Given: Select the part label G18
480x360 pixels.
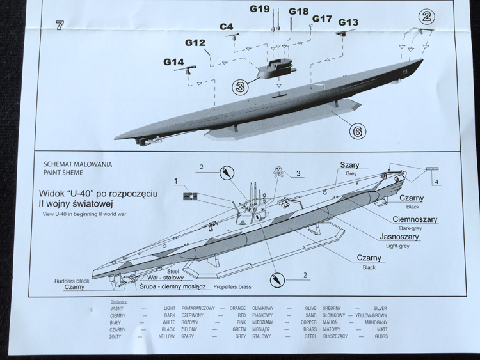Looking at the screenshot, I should tap(298, 12).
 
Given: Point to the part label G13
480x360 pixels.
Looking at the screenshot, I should tap(348, 22).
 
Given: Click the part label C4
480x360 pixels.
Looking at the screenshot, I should tap(227, 27).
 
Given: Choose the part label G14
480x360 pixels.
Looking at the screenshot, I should tap(173, 62).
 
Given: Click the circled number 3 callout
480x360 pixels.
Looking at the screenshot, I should tap(240, 86).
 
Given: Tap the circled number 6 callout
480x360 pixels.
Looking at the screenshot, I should tap(357, 131).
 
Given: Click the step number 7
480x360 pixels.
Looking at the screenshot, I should tap(60, 26).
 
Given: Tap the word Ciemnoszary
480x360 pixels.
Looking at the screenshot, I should tap(415, 219).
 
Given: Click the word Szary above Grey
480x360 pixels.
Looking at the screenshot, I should tap(349, 165).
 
